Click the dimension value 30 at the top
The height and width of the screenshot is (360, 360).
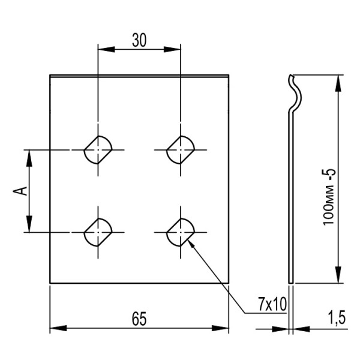[x=139, y=40]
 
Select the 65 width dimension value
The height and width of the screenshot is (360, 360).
[x=139, y=319]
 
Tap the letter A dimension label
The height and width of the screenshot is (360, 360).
[x=20, y=191]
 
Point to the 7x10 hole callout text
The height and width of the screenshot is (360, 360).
[x=272, y=304]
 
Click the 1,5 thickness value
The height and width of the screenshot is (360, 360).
[x=337, y=317]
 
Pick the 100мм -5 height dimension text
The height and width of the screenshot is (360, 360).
[x=329, y=197]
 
